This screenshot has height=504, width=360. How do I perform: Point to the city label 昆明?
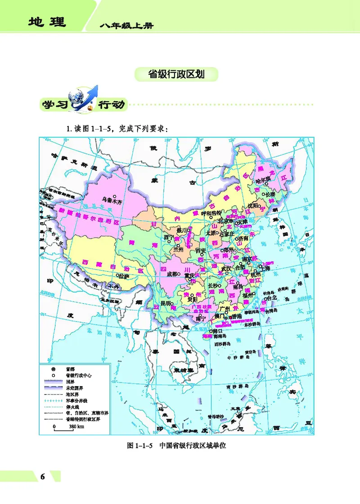[166, 303]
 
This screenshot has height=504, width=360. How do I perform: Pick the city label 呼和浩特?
[211, 213]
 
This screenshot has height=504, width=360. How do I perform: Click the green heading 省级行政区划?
[176, 74]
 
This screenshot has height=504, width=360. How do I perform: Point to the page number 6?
[43, 477]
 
